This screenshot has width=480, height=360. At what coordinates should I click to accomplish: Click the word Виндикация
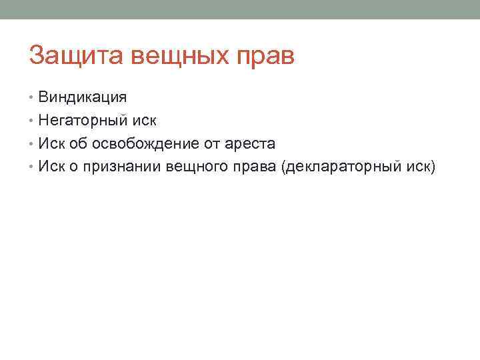click(83, 97)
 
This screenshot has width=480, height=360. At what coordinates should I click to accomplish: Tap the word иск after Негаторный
click(145, 121)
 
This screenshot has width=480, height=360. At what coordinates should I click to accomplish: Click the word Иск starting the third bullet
click(51, 143)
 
